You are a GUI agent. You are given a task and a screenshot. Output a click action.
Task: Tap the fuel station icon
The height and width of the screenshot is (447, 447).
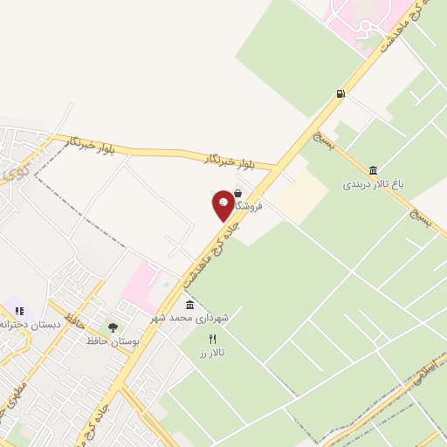339,94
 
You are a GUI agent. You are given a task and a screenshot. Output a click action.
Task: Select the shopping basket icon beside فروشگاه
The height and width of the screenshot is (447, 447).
238,194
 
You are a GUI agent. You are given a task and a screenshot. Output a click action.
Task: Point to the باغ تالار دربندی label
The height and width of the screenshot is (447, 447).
374,185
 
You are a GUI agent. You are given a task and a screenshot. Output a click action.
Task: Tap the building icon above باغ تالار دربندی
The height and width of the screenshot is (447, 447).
374,170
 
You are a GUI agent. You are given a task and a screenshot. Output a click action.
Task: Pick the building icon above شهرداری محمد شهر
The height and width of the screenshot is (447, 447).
190,304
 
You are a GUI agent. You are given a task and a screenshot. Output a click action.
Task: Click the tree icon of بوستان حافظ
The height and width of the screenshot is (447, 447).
113,327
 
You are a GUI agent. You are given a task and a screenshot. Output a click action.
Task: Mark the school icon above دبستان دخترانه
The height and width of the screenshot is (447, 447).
19,310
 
